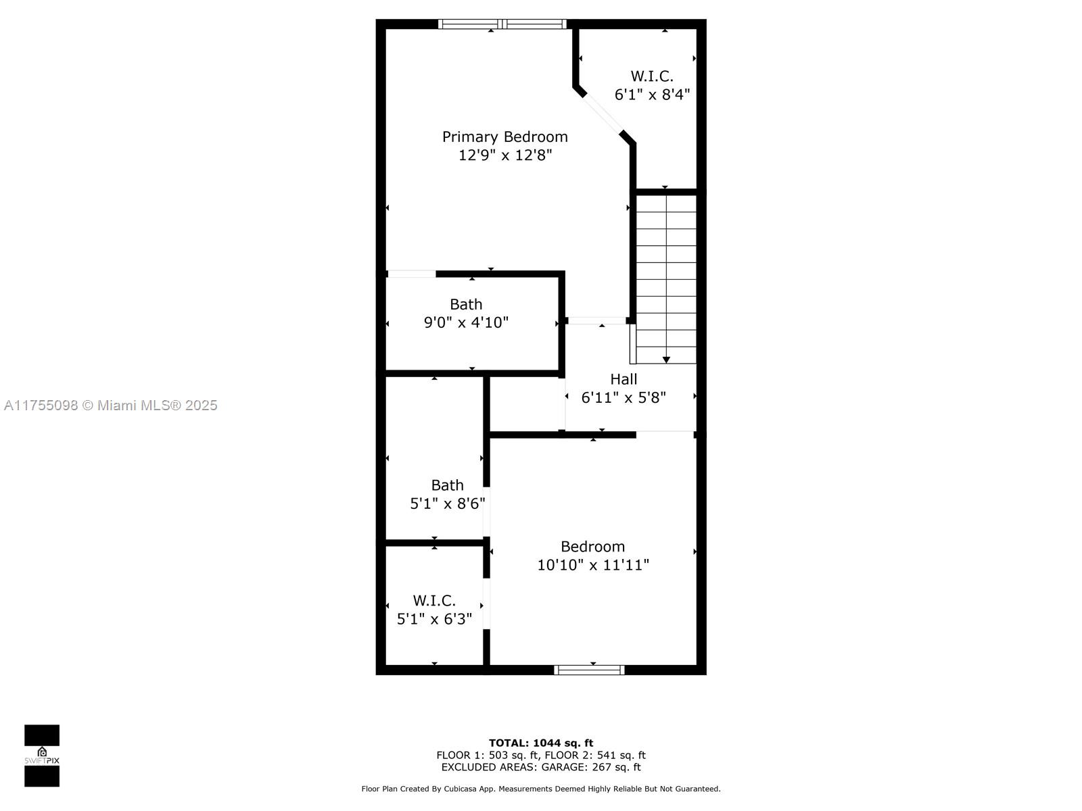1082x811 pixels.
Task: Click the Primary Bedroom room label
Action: coord(504,137)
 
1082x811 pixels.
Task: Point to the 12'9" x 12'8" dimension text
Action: coord(504,155)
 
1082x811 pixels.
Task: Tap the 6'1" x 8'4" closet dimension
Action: coord(652,94)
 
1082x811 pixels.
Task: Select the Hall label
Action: coord(624,379)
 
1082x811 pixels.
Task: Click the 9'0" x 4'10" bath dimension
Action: coord(466,322)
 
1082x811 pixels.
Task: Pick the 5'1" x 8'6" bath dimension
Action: coord(448,503)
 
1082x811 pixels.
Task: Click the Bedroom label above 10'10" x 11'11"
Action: coord(592,547)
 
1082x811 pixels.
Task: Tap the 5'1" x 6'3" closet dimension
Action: coord(434,619)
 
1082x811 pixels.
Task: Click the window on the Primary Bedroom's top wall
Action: coord(502,24)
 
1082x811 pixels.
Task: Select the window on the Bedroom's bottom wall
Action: coord(589,670)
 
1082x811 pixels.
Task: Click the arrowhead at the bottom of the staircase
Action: coord(666,360)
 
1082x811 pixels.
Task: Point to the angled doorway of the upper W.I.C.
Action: coord(602,114)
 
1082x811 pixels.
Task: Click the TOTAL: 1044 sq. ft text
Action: coord(541,743)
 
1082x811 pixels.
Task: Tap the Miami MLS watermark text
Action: coord(110,405)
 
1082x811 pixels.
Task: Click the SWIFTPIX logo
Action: coord(42,756)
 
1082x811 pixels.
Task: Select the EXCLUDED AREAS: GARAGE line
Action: coord(541,766)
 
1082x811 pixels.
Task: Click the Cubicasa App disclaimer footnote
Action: coord(541,789)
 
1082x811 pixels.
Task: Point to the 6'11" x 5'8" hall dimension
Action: coord(624,397)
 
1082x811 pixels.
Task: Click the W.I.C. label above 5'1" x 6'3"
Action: coord(434,601)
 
